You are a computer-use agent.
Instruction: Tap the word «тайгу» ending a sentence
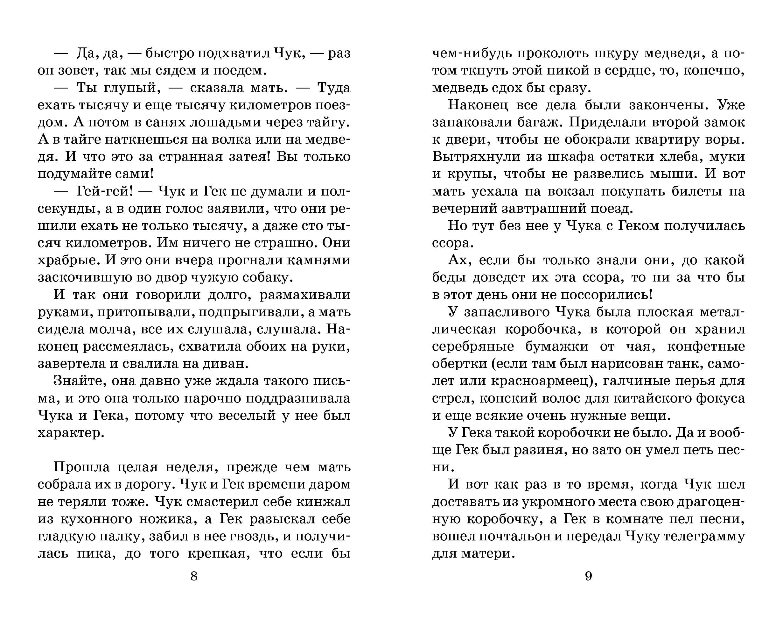(x=328, y=123)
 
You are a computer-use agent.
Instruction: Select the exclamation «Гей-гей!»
(x=105, y=191)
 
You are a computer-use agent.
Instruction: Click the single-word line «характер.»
(x=71, y=433)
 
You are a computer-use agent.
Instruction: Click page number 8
(x=194, y=576)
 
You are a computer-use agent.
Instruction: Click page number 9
(x=589, y=576)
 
